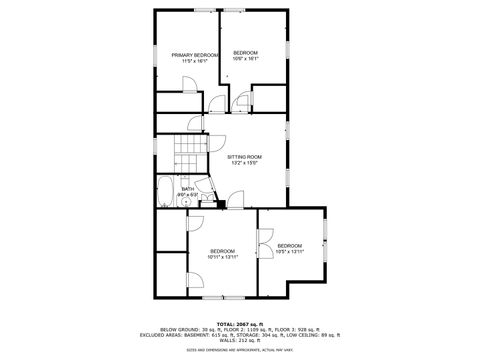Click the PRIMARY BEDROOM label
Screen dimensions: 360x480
coord(194,55)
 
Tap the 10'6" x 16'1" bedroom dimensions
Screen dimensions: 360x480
coord(245,59)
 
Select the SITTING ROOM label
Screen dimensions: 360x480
coord(244,157)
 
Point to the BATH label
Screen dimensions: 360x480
coord(188,187)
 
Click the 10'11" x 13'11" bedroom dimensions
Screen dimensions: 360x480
coord(221,257)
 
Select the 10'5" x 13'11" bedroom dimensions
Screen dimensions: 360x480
coord(290,252)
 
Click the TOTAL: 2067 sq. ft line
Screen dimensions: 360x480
coord(240,324)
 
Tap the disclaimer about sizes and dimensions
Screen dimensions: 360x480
coord(240,351)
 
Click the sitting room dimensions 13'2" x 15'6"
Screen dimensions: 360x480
coord(244,163)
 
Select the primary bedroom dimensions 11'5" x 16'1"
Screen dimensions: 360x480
coord(194,61)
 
